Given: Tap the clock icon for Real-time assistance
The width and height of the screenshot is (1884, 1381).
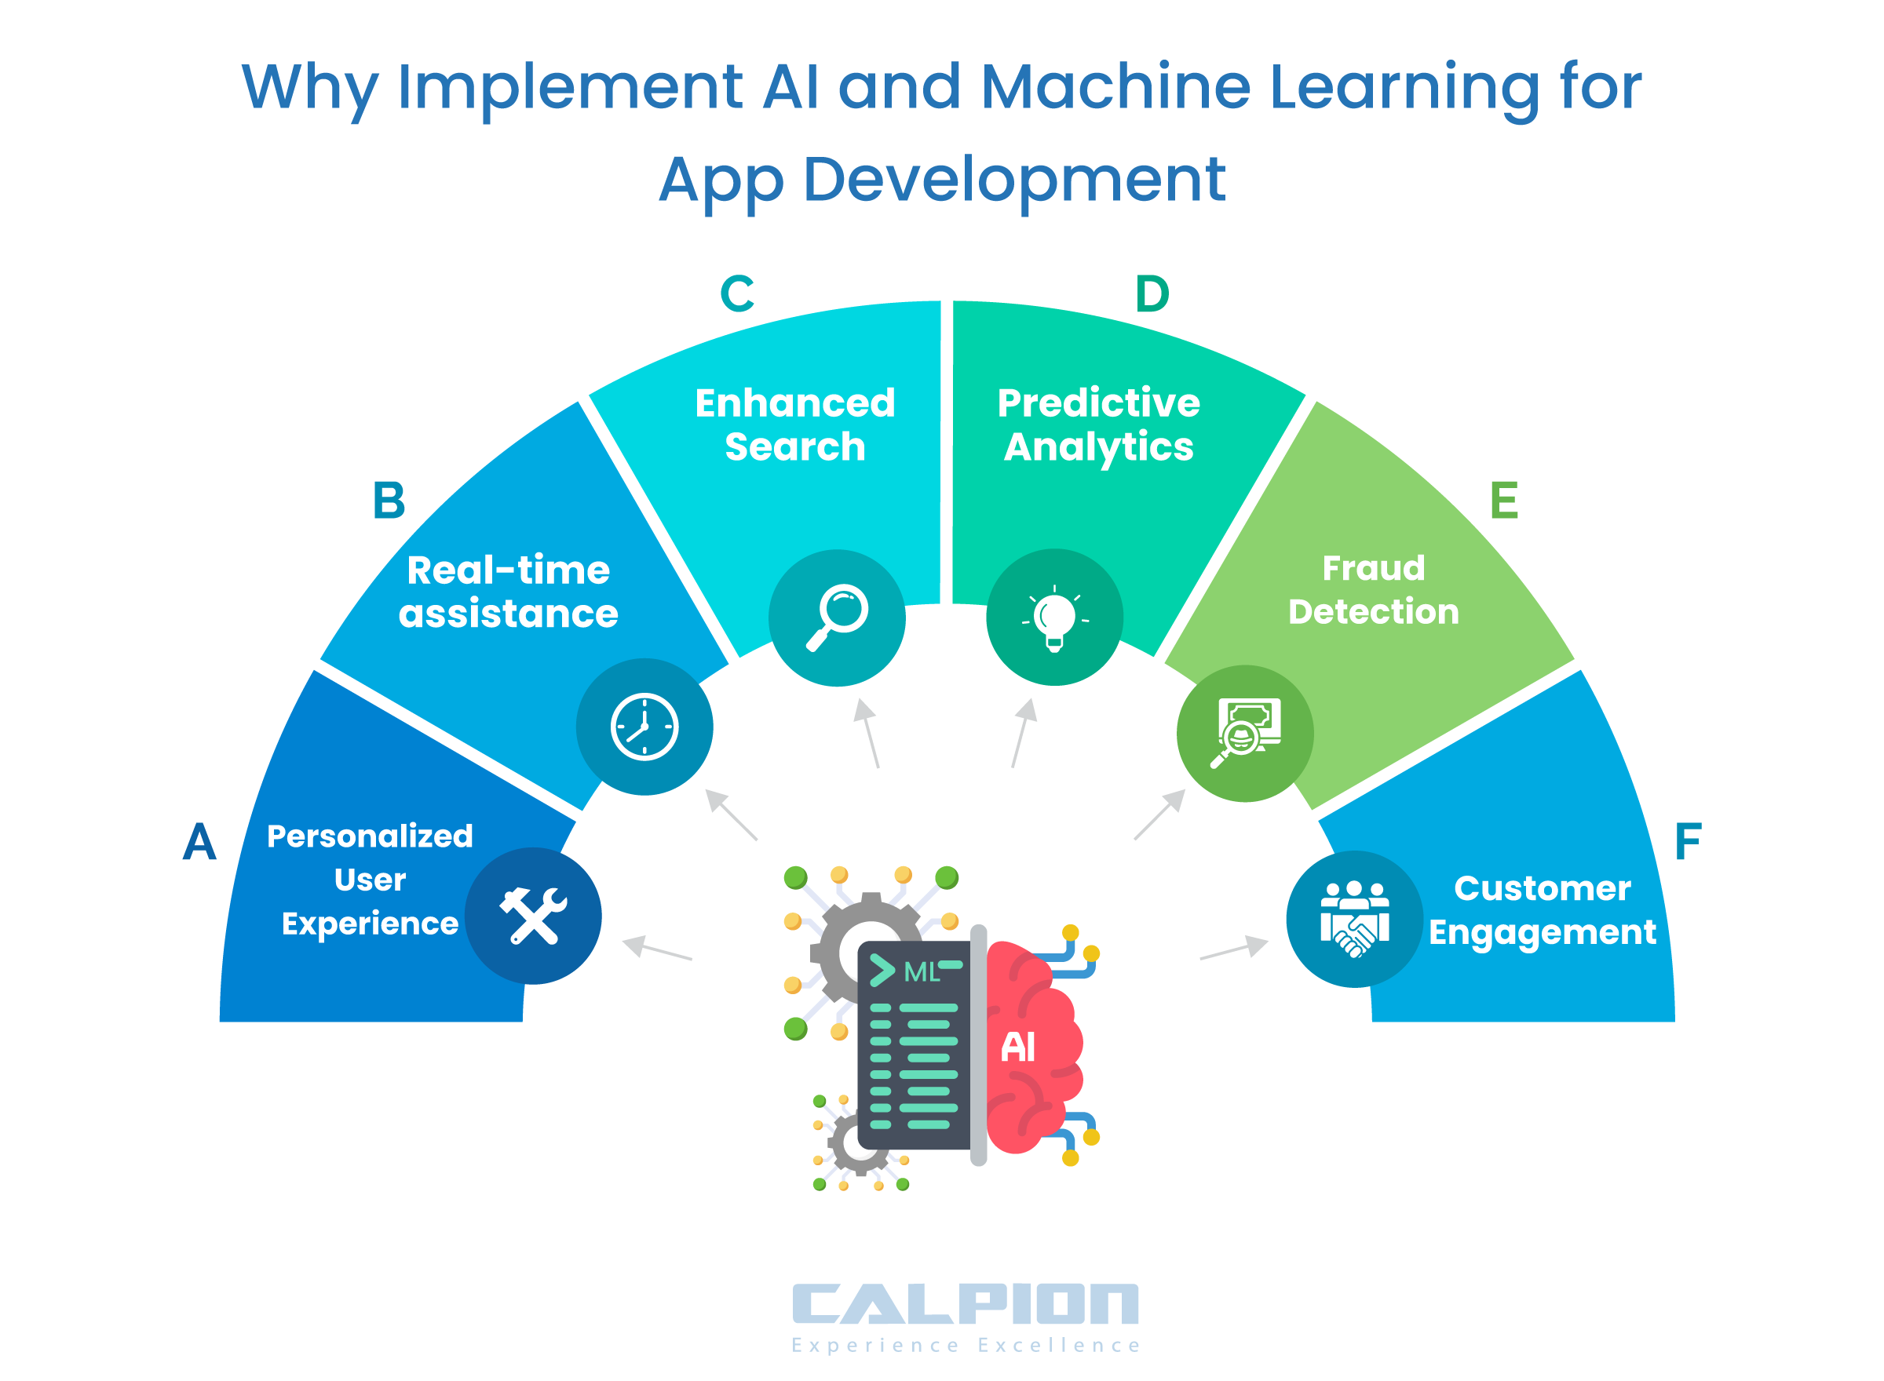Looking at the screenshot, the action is (x=644, y=727).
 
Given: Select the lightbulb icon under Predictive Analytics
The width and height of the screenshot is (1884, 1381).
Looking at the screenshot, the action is (x=1054, y=618).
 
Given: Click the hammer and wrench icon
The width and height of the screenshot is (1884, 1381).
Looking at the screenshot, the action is (x=533, y=916).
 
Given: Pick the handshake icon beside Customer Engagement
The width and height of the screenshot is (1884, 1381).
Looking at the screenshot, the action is (x=1354, y=919).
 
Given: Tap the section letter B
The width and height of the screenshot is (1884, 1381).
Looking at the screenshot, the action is (x=389, y=501).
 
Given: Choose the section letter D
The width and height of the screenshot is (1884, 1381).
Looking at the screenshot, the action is (x=1152, y=293).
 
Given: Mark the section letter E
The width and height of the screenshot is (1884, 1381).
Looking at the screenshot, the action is (x=1503, y=501).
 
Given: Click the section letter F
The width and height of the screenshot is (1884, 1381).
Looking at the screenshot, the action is (x=1689, y=841).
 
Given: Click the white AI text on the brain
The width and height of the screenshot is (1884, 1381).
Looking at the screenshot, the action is (x=1017, y=1046).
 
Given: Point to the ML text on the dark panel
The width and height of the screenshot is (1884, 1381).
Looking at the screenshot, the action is (x=922, y=971).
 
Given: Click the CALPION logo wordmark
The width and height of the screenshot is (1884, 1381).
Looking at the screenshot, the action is (x=965, y=1303).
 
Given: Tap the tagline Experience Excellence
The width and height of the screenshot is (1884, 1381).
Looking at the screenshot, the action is (x=965, y=1345).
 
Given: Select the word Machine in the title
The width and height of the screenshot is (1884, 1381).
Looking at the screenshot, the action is (x=1115, y=86).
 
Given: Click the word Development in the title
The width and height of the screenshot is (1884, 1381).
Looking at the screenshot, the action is (x=1014, y=179).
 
